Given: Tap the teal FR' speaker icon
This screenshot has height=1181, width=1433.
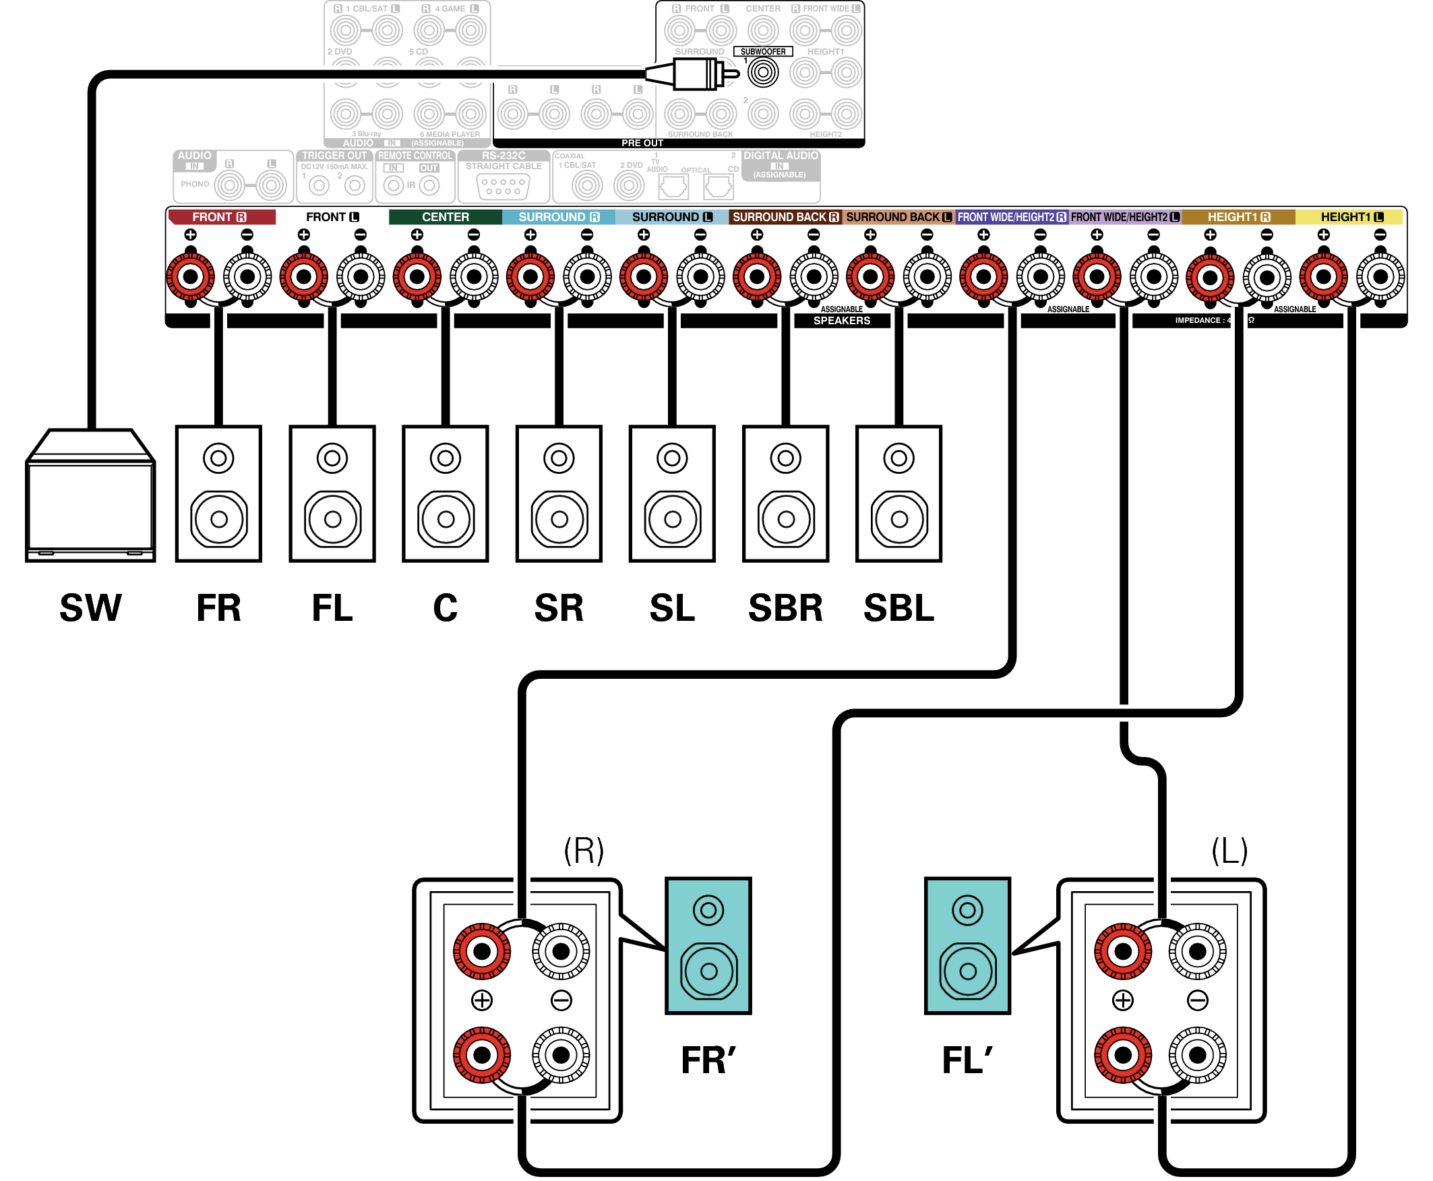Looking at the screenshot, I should (708, 945).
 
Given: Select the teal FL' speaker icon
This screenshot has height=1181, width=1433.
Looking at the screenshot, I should (967, 945).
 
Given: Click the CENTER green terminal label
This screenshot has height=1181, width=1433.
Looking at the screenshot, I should (445, 217).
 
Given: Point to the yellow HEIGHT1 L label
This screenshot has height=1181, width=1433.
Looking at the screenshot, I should (1351, 217).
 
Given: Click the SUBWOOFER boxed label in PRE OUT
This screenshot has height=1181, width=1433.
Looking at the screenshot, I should (762, 52).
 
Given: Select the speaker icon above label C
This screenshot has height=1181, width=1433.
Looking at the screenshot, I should (446, 494).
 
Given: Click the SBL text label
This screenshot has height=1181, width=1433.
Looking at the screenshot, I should (898, 607).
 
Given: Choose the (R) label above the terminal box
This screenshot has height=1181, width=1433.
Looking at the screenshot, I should (584, 851).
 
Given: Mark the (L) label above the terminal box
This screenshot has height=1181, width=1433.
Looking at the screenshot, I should (1229, 851).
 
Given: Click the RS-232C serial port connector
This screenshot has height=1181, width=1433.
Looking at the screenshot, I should (504, 187).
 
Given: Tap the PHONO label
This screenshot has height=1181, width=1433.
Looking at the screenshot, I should (195, 184).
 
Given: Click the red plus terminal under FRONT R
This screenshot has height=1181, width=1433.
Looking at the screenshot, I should (191, 276).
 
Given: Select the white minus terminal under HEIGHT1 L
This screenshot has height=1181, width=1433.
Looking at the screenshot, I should (1380, 276).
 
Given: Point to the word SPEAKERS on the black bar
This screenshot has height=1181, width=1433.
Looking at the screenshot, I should (841, 320).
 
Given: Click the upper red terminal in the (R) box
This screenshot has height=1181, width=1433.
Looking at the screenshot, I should (482, 951).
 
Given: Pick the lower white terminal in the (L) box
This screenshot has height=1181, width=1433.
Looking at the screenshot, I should (1197, 1055).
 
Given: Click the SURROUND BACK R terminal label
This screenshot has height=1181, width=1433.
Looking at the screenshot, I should (785, 217).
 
